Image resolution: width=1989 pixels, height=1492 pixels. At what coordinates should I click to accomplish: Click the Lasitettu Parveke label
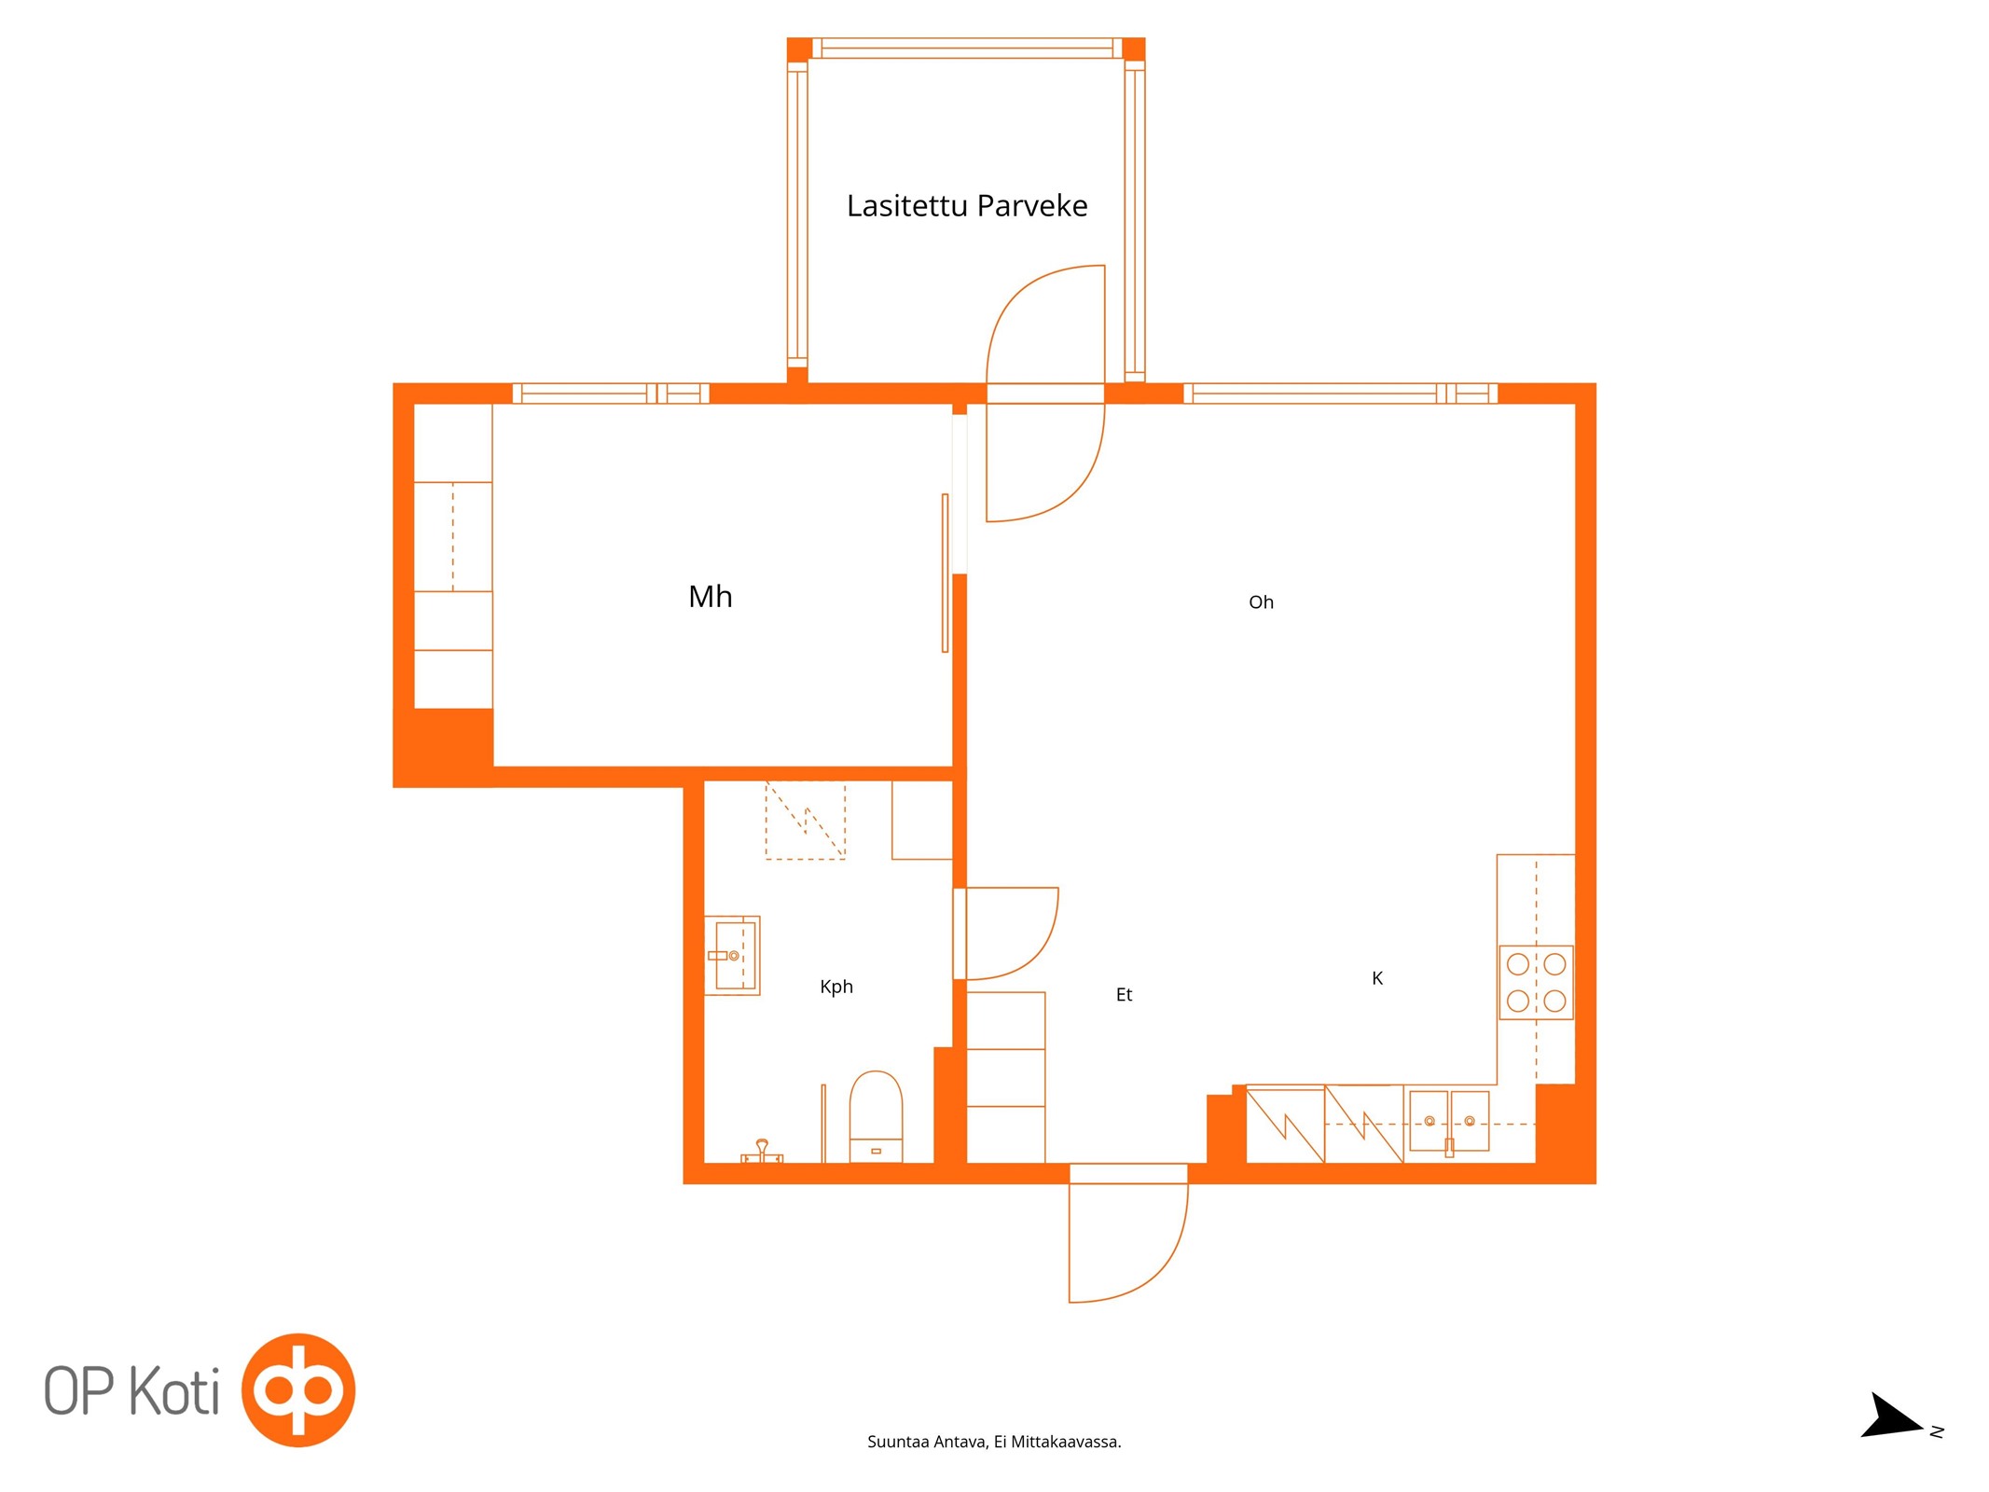coord(966,205)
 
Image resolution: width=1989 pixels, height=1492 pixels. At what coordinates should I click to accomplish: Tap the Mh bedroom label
coord(710,596)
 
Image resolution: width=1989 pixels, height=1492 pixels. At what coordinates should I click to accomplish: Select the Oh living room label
coord(1261,602)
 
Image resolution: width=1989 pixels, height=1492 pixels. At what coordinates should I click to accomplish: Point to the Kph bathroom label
coord(836,987)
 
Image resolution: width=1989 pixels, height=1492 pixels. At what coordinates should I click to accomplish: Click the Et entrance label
coord(1124,995)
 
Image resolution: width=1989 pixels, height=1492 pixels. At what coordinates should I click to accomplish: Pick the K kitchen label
coord(1377,978)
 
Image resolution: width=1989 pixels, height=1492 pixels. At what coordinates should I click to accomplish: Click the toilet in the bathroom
coord(876,1116)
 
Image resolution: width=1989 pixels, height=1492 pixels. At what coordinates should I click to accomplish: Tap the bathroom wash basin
coord(732,955)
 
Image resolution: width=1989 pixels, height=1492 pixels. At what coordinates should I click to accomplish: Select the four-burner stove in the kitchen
coord(1536,982)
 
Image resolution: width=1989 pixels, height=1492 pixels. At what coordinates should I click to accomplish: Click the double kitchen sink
coord(1448,1121)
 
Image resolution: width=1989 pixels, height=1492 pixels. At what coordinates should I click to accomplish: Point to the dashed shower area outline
coord(806,821)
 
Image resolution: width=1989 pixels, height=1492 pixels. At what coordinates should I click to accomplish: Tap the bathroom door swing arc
coord(1012,933)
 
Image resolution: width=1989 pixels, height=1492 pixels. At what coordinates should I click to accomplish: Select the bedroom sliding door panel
coord(945,573)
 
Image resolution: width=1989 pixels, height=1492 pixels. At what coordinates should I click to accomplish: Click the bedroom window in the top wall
coord(611,394)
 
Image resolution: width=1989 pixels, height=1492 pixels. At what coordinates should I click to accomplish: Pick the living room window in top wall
coord(1340,394)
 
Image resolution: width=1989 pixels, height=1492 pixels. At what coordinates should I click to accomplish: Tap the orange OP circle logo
coord(298,1390)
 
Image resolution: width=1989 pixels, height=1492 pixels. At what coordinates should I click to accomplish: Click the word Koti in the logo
coord(174,1391)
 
